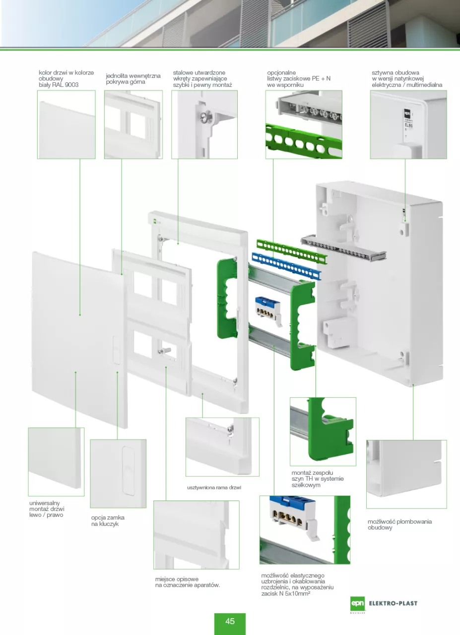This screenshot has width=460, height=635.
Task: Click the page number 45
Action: [230, 621]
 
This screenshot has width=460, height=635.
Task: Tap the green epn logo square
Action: [357, 604]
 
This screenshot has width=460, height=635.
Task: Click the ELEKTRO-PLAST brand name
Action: [393, 603]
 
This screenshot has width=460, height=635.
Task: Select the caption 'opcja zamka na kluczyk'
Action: [108, 520]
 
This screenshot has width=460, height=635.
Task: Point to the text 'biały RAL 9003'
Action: [59, 85]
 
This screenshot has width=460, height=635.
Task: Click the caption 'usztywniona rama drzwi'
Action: [214, 488]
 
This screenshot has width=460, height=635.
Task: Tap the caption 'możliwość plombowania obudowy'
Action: [399, 524]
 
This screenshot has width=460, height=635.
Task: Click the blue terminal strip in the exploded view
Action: [286, 266]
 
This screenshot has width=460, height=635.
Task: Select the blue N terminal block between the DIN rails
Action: [268, 310]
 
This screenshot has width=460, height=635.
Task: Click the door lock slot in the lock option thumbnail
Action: [128, 471]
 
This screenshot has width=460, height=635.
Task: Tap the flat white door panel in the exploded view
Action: [80, 339]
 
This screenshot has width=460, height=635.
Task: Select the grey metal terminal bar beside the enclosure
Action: [343, 248]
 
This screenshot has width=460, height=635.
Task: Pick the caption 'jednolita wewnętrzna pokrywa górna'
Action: [133, 79]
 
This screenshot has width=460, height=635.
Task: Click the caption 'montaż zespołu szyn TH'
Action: [318, 479]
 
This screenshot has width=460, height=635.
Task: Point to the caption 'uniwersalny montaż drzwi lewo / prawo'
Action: [47, 509]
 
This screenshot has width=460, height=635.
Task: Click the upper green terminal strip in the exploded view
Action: [292, 251]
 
